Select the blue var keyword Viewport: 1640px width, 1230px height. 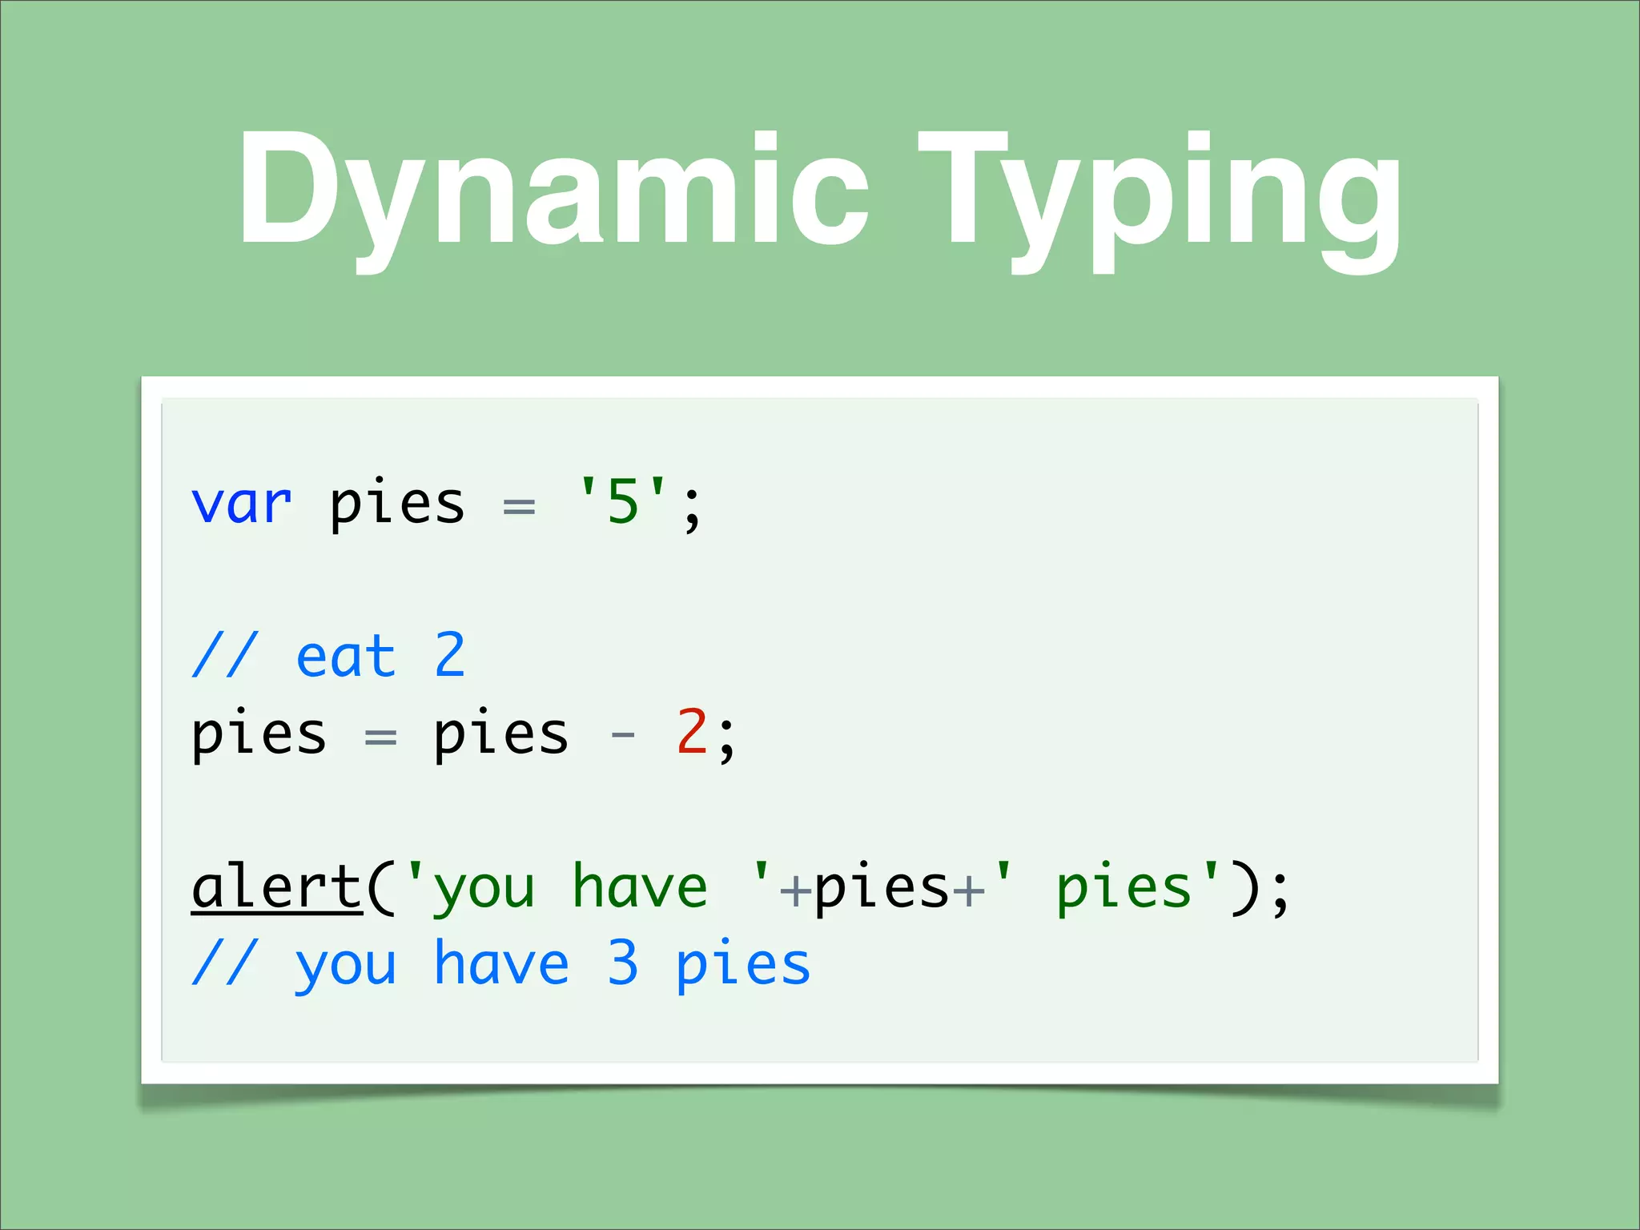[241, 504]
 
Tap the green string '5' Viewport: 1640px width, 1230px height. [622, 502]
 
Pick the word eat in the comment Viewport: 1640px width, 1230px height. [346, 657]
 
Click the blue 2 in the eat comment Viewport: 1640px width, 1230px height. [450, 655]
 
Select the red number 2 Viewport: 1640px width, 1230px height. [692, 732]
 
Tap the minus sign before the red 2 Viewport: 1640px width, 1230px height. [623, 734]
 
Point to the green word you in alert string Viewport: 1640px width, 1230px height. [484, 890]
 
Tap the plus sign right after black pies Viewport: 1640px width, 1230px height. [968, 890]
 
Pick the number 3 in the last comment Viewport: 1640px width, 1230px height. [623, 963]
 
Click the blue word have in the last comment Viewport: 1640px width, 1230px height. [501, 963]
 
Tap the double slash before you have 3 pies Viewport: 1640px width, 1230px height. [225, 963]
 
